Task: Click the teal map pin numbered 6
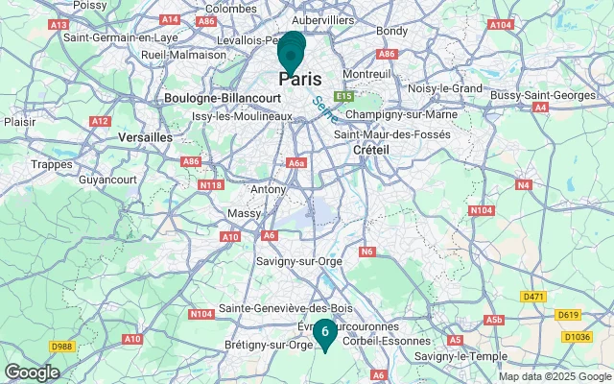tap(325, 332)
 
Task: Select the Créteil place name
tap(370, 151)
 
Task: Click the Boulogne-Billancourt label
tap(223, 98)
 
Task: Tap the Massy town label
tap(244, 212)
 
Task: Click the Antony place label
tap(268, 190)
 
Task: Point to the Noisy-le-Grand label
tap(444, 88)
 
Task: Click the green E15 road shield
tap(344, 96)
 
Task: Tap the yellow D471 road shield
tap(534, 297)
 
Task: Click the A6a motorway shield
tap(296, 163)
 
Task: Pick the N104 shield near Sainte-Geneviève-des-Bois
tap(201, 313)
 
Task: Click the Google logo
tap(32, 372)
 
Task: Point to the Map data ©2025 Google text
tap(555, 377)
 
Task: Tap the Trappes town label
tap(53, 164)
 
